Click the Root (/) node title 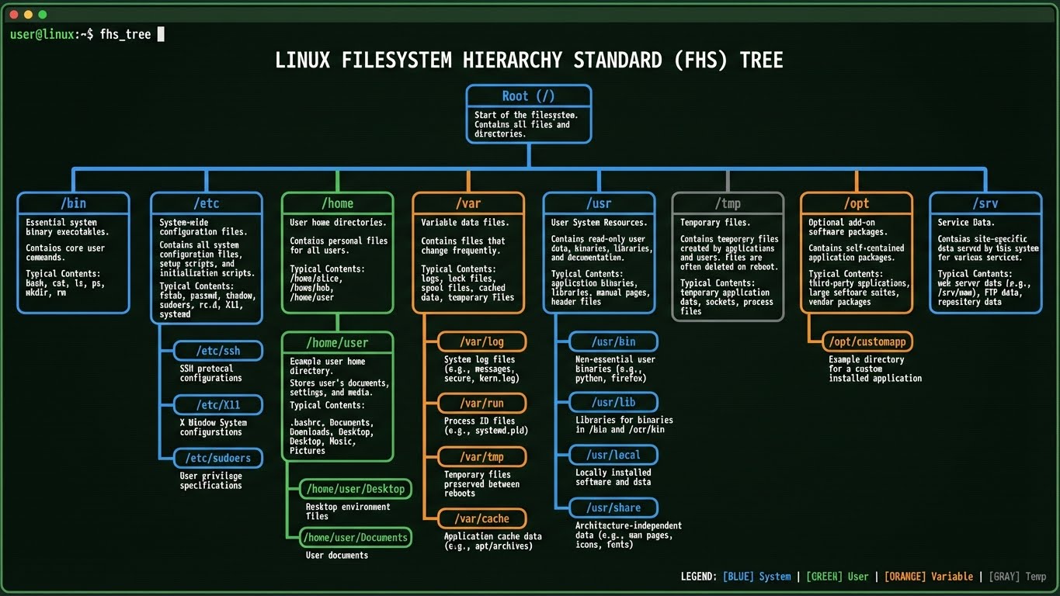click(528, 96)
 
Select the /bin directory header click(73, 203)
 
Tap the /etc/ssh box click(218, 351)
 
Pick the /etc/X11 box click(218, 405)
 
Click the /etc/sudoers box click(218, 458)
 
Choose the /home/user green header click(337, 342)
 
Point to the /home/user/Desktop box click(356, 489)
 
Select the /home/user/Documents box click(356, 537)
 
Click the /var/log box click(482, 341)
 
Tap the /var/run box click(482, 404)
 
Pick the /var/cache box click(482, 518)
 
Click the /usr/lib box click(613, 402)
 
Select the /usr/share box click(613, 508)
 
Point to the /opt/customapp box click(867, 341)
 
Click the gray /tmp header click(727, 203)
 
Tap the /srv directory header click(985, 203)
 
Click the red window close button click(14, 15)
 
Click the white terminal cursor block click(161, 34)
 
